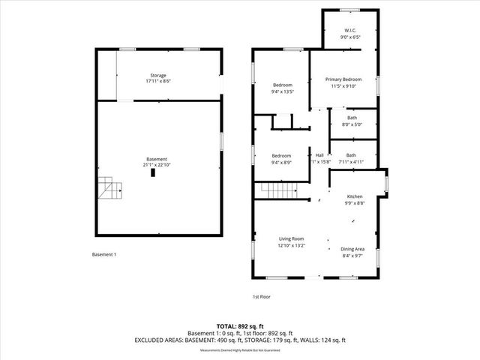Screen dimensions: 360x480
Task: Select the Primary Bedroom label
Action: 342,79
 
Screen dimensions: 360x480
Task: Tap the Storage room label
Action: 157,75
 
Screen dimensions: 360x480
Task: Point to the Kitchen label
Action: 355,196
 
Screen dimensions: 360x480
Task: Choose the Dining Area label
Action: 352,249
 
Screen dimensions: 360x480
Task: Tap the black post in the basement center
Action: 153,172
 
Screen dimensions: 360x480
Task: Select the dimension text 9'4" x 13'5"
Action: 282,91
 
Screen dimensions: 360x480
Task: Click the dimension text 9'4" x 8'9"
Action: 282,161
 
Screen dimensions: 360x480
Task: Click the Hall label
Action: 319,155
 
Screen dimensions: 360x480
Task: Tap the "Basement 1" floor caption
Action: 103,255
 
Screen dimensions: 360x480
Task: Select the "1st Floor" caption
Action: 261,297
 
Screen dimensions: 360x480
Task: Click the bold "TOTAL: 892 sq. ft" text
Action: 239,326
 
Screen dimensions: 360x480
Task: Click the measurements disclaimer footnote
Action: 239,350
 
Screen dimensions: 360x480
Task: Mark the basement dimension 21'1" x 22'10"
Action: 157,165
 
